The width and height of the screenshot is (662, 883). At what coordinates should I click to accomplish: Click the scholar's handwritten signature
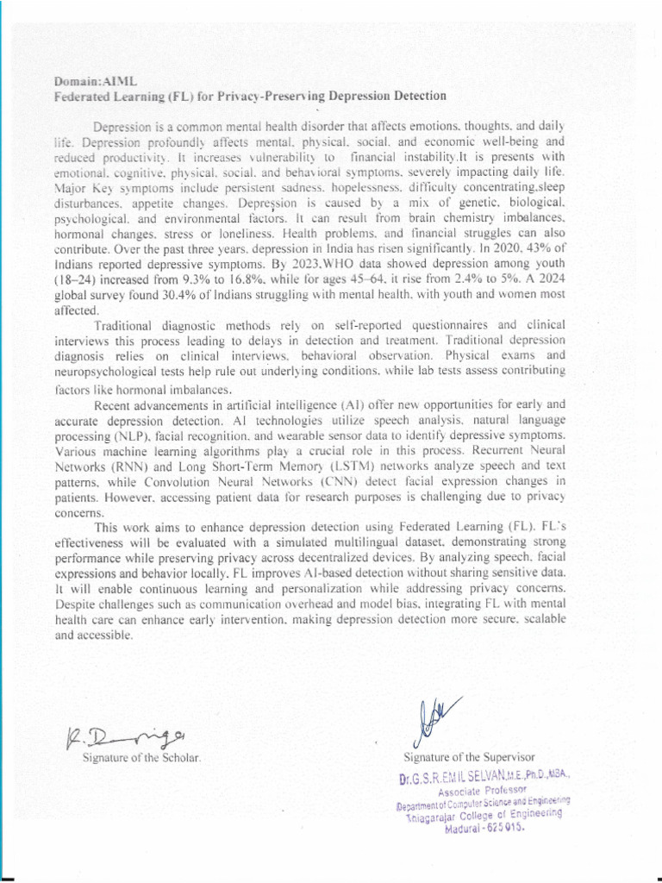128,738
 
